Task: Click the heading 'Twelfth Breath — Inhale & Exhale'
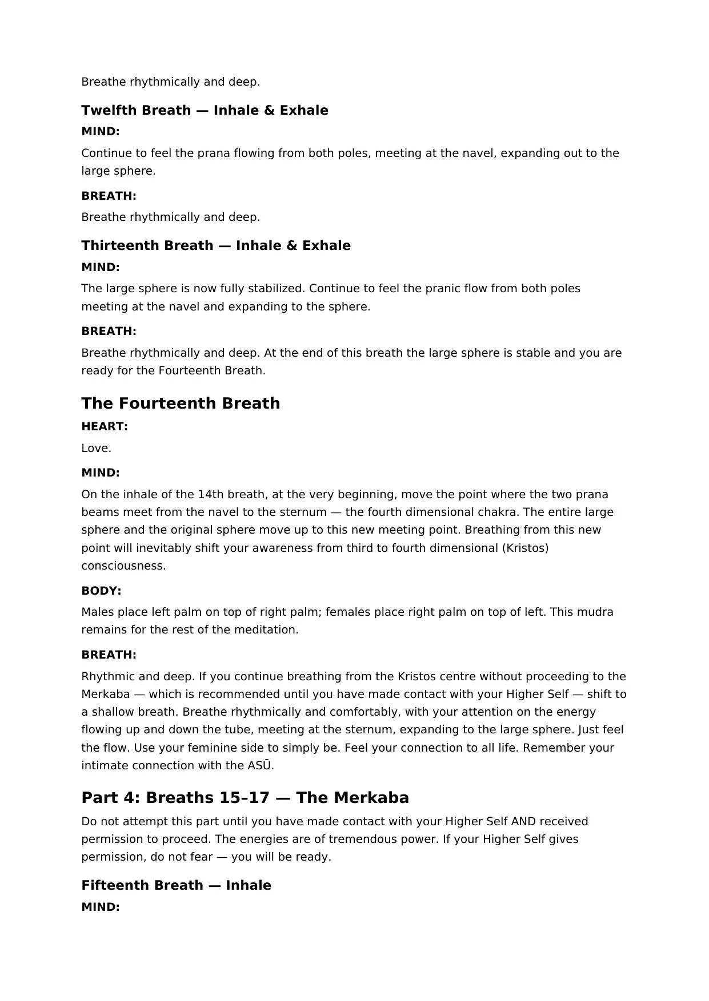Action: [x=205, y=110]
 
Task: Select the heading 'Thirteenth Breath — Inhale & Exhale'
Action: [x=216, y=245]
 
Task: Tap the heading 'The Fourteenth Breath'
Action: [x=181, y=403]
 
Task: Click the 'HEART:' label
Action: [x=105, y=426]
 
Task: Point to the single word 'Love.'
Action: [x=96, y=448]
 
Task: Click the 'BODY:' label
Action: [x=101, y=590]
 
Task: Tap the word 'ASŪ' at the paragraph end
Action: [x=259, y=765]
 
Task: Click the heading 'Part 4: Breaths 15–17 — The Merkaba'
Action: [x=245, y=797]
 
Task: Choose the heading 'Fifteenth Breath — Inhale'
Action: [x=176, y=885]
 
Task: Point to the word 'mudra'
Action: [x=597, y=612]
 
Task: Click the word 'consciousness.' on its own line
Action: [x=123, y=566]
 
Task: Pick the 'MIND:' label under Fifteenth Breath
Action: [x=101, y=907]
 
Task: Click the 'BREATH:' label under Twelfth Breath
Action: [x=109, y=196]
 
